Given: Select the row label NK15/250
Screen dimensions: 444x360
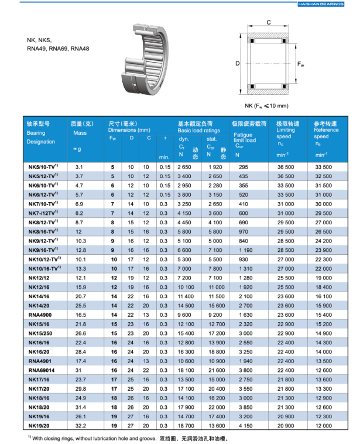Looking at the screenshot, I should [x=39, y=333].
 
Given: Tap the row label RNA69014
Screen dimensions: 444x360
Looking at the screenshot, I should [x=40, y=370].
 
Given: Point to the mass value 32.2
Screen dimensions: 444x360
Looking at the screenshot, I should [x=80, y=425].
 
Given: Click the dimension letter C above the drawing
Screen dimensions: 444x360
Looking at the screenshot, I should [x=268, y=22].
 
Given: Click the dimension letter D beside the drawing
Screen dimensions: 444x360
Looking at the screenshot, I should [x=238, y=63].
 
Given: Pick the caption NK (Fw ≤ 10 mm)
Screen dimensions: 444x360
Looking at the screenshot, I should [x=267, y=105].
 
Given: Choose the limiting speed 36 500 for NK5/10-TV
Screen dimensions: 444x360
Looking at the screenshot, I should [x=285, y=167].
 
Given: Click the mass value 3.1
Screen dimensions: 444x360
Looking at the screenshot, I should [x=80, y=167].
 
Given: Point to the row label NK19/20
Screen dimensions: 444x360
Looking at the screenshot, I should [x=39, y=425].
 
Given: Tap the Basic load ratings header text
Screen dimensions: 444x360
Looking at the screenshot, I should [x=199, y=131].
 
